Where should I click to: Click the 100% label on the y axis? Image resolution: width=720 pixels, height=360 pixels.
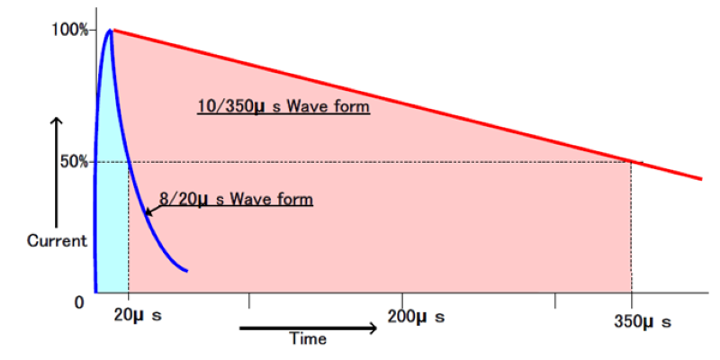(69, 30)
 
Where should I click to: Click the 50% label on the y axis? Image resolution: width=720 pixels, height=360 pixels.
(73, 162)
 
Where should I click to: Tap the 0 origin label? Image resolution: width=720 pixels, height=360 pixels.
(78, 302)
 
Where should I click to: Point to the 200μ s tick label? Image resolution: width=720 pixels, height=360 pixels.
(415, 317)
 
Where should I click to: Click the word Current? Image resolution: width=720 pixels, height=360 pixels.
(57, 241)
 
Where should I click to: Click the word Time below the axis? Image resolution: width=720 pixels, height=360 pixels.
(308, 339)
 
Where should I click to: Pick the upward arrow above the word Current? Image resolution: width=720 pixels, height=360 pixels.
(57, 171)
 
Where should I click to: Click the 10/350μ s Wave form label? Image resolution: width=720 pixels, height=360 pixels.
(283, 108)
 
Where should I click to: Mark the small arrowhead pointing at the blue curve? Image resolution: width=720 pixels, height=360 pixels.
(148, 213)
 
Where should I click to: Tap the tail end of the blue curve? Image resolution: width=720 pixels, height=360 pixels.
(186, 270)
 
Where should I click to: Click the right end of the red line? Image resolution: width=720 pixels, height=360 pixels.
(700, 178)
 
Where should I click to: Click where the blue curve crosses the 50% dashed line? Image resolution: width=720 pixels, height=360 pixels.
(129, 162)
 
